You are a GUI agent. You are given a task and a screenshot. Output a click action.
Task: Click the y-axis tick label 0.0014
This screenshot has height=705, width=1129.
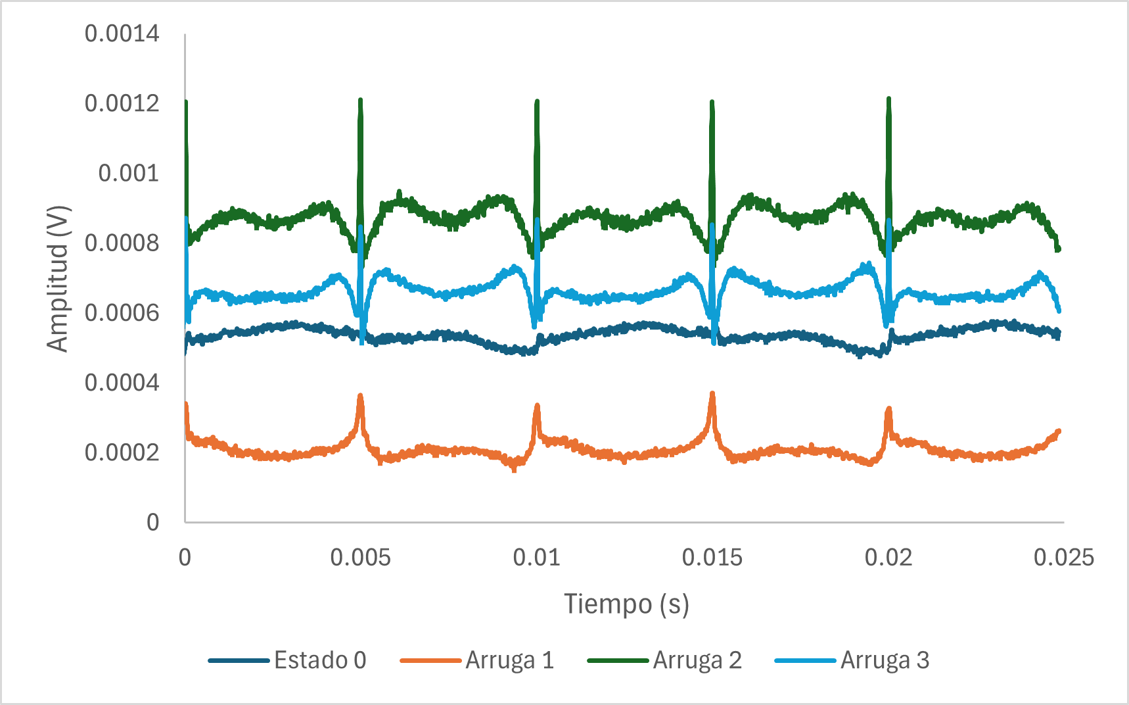[x=122, y=34]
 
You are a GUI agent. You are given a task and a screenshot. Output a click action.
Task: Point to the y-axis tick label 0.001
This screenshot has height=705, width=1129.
[x=128, y=174]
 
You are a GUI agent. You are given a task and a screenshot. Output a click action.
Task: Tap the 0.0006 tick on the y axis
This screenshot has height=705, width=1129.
[x=122, y=313]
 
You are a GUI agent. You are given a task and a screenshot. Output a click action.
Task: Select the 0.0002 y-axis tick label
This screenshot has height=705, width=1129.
[x=122, y=452]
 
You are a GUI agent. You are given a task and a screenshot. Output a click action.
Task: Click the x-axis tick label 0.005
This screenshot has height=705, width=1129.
[x=360, y=558]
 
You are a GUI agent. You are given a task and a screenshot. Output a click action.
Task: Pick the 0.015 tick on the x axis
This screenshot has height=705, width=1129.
[x=712, y=558]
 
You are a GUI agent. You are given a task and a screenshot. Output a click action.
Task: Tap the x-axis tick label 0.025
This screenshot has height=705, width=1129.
[x=1063, y=558]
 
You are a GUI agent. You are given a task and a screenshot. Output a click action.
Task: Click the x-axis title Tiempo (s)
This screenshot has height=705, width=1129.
[x=626, y=604]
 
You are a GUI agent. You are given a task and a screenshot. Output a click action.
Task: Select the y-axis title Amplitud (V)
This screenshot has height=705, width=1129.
[x=58, y=279]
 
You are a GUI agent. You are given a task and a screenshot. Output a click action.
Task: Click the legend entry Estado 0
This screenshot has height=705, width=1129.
[x=319, y=660]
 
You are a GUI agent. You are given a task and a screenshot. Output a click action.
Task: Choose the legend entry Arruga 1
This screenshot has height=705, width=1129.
[x=509, y=660]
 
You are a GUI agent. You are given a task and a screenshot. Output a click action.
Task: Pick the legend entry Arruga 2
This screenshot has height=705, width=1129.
[x=697, y=660]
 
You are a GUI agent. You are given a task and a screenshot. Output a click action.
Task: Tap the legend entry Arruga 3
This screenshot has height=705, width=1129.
[x=885, y=660]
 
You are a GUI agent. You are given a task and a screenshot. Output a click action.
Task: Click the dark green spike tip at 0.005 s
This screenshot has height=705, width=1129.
[x=360, y=101]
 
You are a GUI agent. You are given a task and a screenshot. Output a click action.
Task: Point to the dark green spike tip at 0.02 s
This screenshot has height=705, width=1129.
[x=888, y=99]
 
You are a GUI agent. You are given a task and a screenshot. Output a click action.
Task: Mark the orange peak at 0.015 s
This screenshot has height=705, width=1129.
[x=712, y=394]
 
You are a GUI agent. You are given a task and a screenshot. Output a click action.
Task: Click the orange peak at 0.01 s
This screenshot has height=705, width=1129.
[x=537, y=406]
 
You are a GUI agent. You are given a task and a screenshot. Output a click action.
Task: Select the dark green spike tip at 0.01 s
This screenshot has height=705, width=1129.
[x=537, y=102]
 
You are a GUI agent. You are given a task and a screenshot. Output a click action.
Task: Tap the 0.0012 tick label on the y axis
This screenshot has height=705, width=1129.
[x=122, y=103]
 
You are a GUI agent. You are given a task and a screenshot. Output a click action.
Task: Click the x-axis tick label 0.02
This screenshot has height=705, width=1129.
[x=888, y=558]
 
